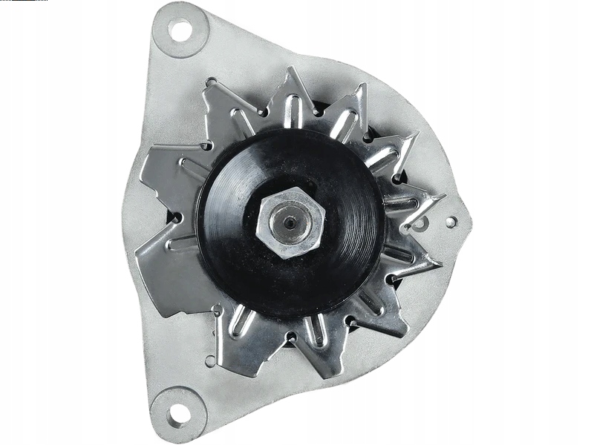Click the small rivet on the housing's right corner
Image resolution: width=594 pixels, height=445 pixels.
450,221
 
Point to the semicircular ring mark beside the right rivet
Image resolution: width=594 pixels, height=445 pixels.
421,222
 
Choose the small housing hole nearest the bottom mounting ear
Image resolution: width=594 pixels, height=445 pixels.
209,361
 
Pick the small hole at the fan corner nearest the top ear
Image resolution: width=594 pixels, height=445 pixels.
212,83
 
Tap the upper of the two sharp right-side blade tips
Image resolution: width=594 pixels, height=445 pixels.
443,198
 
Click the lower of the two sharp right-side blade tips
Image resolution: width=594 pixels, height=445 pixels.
438,263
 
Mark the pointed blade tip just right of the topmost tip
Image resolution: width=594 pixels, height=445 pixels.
364,86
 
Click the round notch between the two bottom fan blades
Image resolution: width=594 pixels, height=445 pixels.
290,338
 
